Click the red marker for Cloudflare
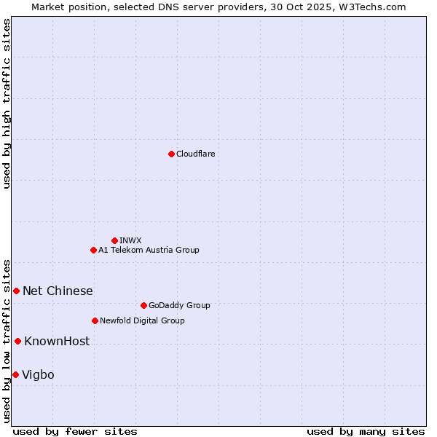[171, 154]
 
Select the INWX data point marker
[114, 240]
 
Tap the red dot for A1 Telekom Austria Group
[93, 250]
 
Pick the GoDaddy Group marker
[143, 305]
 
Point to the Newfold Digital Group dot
[95, 320]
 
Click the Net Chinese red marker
[16, 291]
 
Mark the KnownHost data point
[17, 341]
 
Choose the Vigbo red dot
[15, 374]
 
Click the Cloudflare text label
[195, 154]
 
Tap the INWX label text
[130, 240]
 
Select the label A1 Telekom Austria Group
[149, 250]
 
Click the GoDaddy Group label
[178, 305]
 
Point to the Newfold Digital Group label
[142, 320]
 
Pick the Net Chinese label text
[58, 291]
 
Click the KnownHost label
[57, 342]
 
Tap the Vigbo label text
[38, 375]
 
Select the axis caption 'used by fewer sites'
[75, 431]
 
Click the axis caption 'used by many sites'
[365, 431]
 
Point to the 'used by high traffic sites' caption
[7, 104]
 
